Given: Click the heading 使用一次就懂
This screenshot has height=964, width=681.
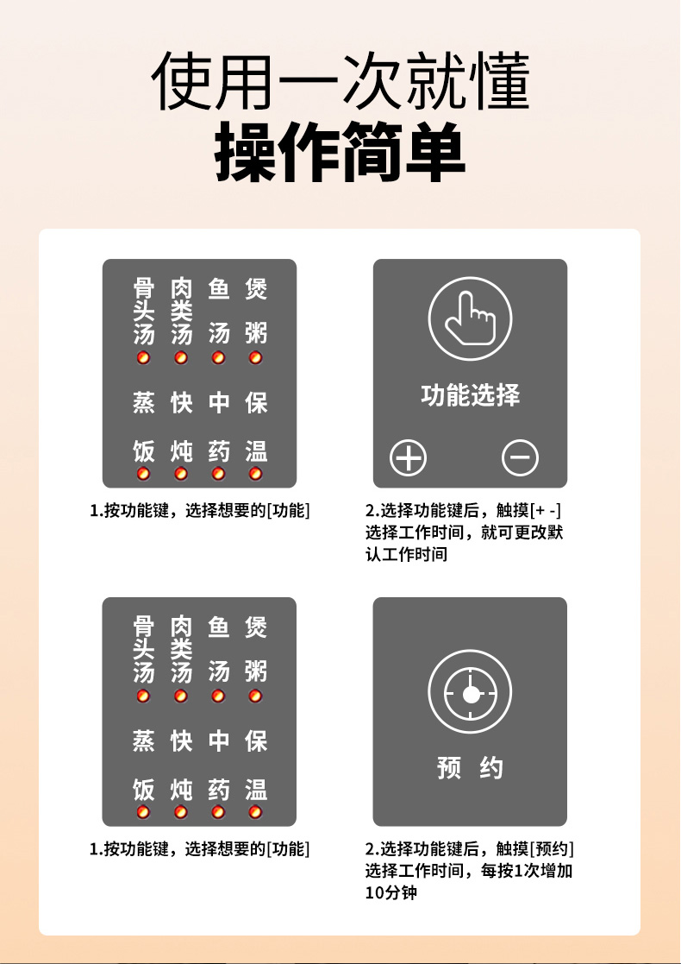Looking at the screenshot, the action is (x=340, y=82).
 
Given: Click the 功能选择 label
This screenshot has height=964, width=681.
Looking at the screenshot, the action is (x=471, y=395).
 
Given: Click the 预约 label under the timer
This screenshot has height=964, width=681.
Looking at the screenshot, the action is (x=471, y=768).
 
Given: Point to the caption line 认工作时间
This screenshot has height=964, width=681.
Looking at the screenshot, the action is (x=407, y=555).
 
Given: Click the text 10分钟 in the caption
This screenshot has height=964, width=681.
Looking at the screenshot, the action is (x=390, y=892).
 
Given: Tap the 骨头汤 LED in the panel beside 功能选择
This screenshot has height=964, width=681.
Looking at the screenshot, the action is (x=143, y=357).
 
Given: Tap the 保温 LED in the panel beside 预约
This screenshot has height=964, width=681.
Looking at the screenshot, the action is (x=255, y=812).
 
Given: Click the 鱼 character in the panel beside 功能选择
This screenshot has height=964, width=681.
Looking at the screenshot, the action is (x=219, y=288).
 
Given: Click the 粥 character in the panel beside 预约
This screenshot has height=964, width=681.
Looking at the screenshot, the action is (x=255, y=672).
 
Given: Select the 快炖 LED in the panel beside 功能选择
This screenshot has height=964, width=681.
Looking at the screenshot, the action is (x=180, y=474).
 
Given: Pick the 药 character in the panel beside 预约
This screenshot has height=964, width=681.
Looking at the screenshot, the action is (x=219, y=790).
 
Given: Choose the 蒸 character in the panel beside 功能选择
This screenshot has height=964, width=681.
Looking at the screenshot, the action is (x=144, y=403).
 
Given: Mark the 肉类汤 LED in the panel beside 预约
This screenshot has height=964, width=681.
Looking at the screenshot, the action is (x=180, y=696).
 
